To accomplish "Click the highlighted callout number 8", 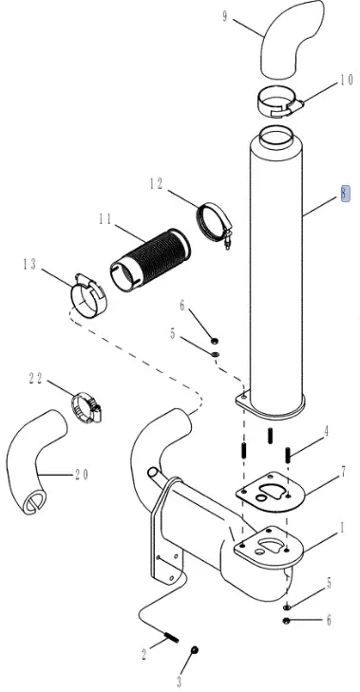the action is tap(346, 194).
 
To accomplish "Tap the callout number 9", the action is tap(225, 17).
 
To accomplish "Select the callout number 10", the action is tap(347, 80).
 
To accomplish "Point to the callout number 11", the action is tap(105, 219).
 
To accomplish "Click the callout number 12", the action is tap(156, 184).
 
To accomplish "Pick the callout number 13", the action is tap(29, 264).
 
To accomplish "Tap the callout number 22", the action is tap(36, 378).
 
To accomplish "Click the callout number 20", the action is tap(82, 475).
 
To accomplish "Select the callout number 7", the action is tap(343, 473).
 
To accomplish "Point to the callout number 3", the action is tap(179, 682).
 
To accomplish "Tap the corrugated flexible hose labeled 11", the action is tap(150, 259).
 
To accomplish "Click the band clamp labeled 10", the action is tap(280, 102).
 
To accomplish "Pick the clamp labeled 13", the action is tap(88, 295).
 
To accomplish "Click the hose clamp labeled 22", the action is tap(86, 407).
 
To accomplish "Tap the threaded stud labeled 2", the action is tap(172, 638).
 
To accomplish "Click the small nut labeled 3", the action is tap(195, 649).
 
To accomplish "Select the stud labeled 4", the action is tap(288, 455).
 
